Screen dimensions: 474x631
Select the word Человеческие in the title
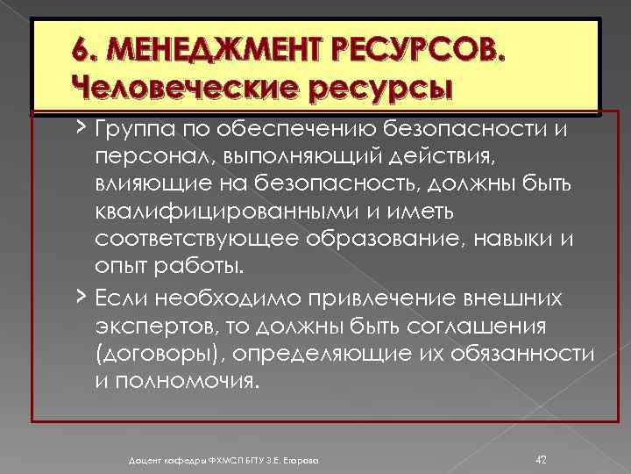pyautogui.click(x=184, y=88)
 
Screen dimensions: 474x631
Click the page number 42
pyautogui.click(x=541, y=458)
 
